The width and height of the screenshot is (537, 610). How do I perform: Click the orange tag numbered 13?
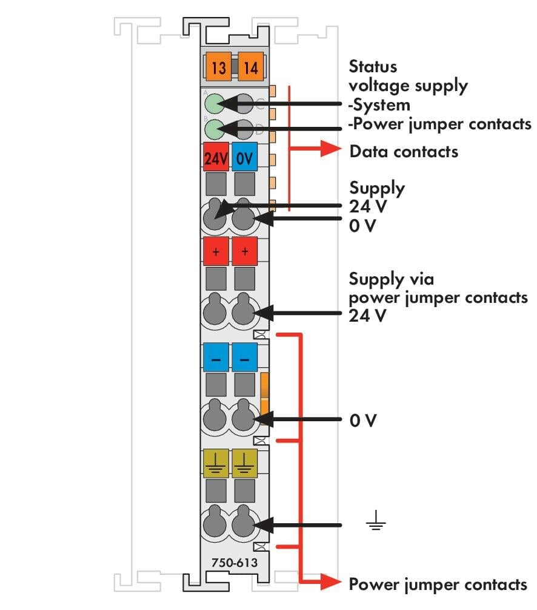219,67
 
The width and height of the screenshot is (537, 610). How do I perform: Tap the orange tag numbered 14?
251,67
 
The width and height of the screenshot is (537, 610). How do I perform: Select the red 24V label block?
216,157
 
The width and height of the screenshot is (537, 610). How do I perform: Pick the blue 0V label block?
244,157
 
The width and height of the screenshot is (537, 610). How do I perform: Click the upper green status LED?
215,104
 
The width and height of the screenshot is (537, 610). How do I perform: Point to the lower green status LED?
215,129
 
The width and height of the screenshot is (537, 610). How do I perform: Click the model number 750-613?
235,563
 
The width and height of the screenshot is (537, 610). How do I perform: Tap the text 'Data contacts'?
404,151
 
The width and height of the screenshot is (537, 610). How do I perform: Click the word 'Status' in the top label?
373,66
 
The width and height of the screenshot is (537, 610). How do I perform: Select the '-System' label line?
379,105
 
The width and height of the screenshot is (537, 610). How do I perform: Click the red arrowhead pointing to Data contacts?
331,148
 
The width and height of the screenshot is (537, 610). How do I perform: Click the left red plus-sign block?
216,251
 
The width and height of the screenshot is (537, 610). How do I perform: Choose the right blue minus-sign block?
244,358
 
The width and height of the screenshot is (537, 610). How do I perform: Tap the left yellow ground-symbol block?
216,463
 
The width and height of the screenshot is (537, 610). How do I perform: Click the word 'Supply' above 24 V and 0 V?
377,189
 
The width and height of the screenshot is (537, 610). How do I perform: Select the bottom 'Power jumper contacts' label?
438,585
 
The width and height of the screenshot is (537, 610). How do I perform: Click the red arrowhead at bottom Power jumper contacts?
331,582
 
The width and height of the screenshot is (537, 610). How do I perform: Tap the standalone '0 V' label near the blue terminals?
363,420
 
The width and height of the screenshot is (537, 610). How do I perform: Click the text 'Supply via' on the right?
392,279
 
